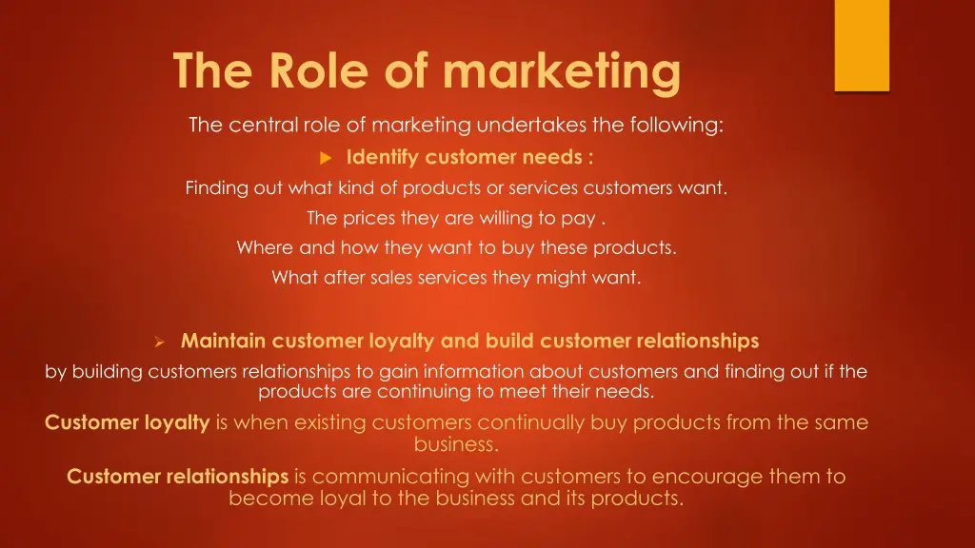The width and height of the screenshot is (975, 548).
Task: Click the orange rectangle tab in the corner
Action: pyautogui.click(x=861, y=45)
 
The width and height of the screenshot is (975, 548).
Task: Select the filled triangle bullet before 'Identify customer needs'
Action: pyautogui.click(x=325, y=157)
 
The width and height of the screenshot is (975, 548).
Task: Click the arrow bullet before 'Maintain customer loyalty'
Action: pyautogui.click(x=160, y=342)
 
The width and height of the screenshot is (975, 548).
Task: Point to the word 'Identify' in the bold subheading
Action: pyautogui.click(x=383, y=157)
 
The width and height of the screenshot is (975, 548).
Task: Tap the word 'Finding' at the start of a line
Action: pyautogui.click(x=217, y=187)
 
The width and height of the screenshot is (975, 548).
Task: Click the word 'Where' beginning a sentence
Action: pyautogui.click(x=265, y=248)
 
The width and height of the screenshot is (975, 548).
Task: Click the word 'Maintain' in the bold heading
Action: pyautogui.click(x=223, y=341)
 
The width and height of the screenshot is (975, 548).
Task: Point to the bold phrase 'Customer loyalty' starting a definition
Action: pyautogui.click(x=127, y=422)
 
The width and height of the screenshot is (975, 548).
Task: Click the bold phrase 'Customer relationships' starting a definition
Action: pyautogui.click(x=177, y=477)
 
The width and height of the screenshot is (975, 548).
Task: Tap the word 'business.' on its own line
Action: pyautogui.click(x=456, y=443)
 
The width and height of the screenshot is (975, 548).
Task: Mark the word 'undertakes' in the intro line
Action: pyautogui.click(x=524, y=126)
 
